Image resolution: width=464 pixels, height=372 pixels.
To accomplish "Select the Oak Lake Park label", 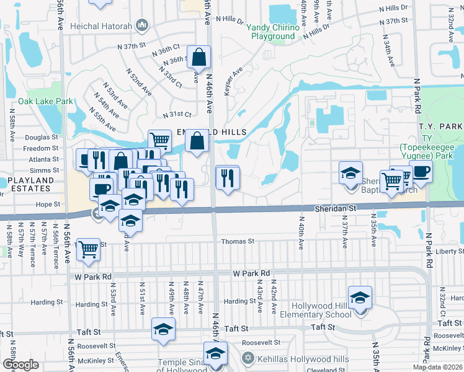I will (x=45, y=101).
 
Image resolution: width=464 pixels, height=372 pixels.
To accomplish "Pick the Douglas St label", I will (x=41, y=138).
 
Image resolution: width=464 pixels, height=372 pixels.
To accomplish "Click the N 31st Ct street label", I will (x=177, y=115).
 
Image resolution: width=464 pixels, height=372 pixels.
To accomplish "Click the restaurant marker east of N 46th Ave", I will (x=227, y=179).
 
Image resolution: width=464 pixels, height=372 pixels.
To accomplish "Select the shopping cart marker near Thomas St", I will (x=89, y=249).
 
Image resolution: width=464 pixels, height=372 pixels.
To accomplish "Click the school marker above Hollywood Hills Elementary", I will (x=359, y=298).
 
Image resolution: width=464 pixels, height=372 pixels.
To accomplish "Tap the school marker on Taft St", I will (x=163, y=329).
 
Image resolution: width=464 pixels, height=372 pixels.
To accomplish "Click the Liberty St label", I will (x=450, y=251).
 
